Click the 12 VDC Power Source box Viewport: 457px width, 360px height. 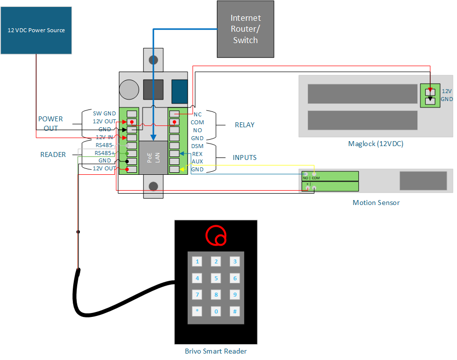pyautogui.click(x=36, y=30)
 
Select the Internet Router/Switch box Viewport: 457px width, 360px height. pyautogui.click(x=246, y=29)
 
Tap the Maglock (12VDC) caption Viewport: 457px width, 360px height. pyautogui.click(x=375, y=144)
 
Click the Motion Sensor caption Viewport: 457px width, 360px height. pyautogui.click(x=376, y=203)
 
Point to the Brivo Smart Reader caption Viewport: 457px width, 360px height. pyautogui.click(x=216, y=351)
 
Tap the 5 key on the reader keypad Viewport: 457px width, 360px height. pyautogui.click(x=216, y=278)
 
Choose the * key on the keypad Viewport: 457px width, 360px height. pyautogui.click(x=198, y=311)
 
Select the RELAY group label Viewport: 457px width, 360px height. pyautogui.click(x=245, y=125)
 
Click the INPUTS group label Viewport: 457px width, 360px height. pyautogui.click(x=245, y=157)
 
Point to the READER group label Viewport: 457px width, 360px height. pyautogui.click(x=53, y=154)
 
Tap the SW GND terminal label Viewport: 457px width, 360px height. pyautogui.click(x=104, y=113)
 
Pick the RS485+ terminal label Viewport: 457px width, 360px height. pyautogui.click(x=105, y=153)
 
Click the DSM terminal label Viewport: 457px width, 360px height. pyautogui.click(x=197, y=146)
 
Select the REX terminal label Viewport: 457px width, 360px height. pyautogui.click(x=197, y=154)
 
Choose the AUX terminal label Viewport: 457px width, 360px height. pyautogui.click(x=197, y=162)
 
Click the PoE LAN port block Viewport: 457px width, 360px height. pyautogui.click(x=153, y=157)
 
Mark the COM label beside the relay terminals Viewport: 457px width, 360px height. pyautogui.click(x=197, y=122)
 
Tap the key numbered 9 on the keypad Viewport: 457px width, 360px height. pyautogui.click(x=235, y=295)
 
